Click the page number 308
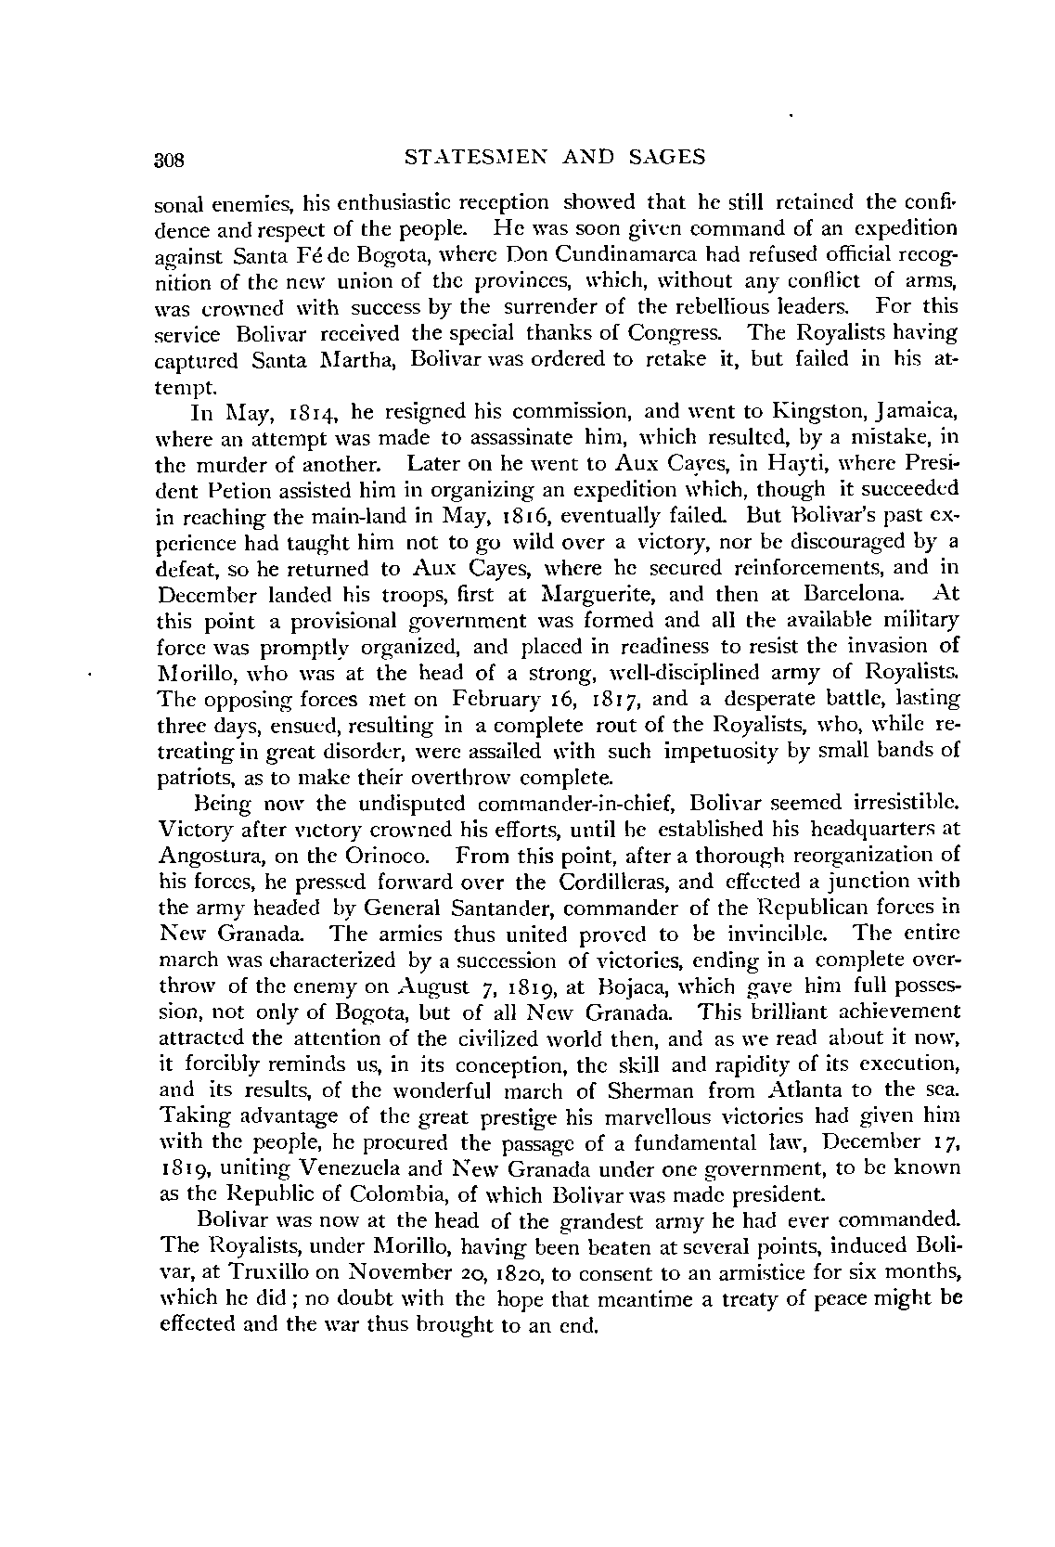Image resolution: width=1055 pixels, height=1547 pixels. (172, 160)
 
